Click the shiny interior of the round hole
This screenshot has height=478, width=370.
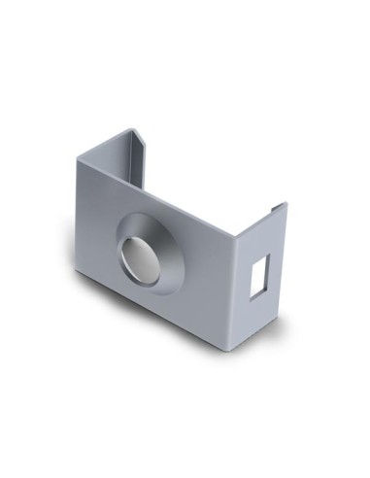point(136,257)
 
